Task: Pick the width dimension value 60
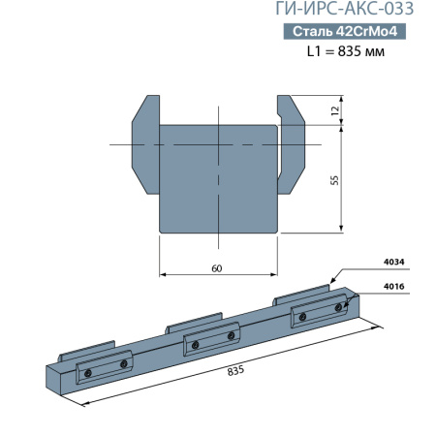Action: tap(217, 268)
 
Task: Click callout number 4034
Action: tap(394, 260)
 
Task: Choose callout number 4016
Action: tap(394, 286)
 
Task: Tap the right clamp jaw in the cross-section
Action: tap(293, 140)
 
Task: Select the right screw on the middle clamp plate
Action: tap(231, 335)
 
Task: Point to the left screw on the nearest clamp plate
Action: tap(87, 373)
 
